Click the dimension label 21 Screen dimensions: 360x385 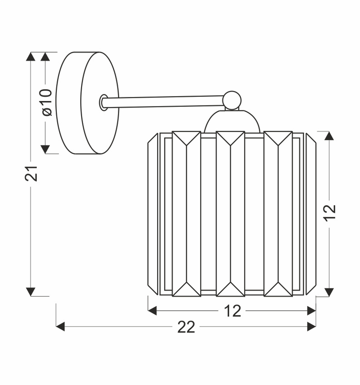point(31,173)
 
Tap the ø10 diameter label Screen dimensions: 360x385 point(47,102)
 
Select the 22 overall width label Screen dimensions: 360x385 point(186,327)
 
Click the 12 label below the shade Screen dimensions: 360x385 point(232,311)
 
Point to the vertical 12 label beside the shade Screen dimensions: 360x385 point(329,213)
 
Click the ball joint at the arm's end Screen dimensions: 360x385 point(232,101)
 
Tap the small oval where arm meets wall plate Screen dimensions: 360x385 point(104,102)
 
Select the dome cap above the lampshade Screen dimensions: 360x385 point(232,121)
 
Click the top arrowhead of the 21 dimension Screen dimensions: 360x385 point(30,57)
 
